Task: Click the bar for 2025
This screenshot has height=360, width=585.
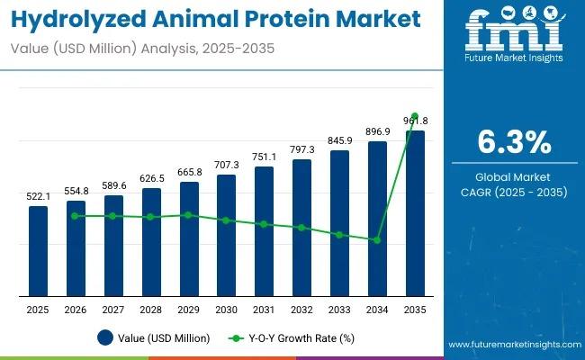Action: pyautogui.click(x=38, y=250)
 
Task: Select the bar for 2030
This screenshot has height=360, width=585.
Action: pyautogui.click(x=227, y=235)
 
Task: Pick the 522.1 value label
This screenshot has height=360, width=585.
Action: pyautogui.click(x=38, y=196)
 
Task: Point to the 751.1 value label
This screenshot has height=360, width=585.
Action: pyautogui.click(x=264, y=157)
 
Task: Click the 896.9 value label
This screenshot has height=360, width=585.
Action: pyautogui.click(x=377, y=131)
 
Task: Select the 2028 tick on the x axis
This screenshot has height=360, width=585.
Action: pyautogui.click(x=151, y=309)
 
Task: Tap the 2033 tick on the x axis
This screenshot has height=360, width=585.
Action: pyautogui.click(x=339, y=309)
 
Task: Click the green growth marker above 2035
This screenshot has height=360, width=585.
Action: pyautogui.click(x=415, y=117)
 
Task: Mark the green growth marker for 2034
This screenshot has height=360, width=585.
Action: pyautogui.click(x=377, y=239)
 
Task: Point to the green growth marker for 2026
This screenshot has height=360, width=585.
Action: pyautogui.click(x=76, y=216)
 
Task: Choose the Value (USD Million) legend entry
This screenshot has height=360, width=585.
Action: pyautogui.click(x=153, y=338)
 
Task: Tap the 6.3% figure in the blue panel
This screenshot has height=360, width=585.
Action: pyautogui.click(x=513, y=143)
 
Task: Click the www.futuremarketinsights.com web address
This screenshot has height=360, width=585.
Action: pyautogui.click(x=512, y=346)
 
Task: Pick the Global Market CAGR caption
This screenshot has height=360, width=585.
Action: pyautogui.click(x=513, y=184)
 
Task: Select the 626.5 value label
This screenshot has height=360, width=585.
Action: pyautogui.click(x=151, y=178)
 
